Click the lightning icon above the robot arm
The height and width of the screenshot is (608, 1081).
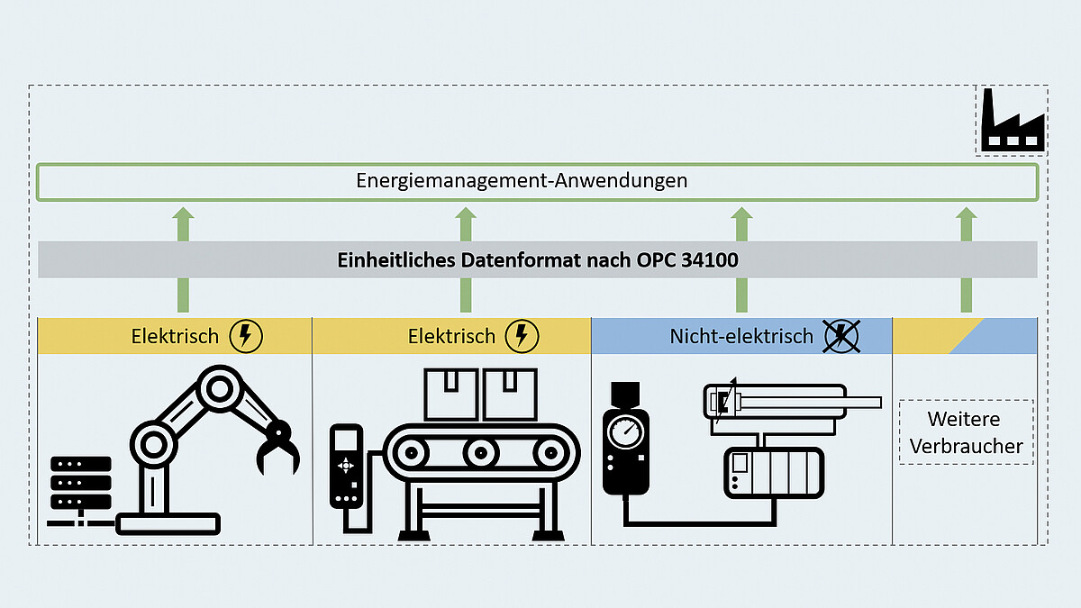[247, 336]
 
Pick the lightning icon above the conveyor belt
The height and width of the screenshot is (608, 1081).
[522, 336]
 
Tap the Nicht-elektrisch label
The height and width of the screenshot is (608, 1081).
[741, 336]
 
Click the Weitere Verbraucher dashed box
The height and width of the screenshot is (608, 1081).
[966, 432]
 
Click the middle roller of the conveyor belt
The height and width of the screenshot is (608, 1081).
[481, 450]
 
